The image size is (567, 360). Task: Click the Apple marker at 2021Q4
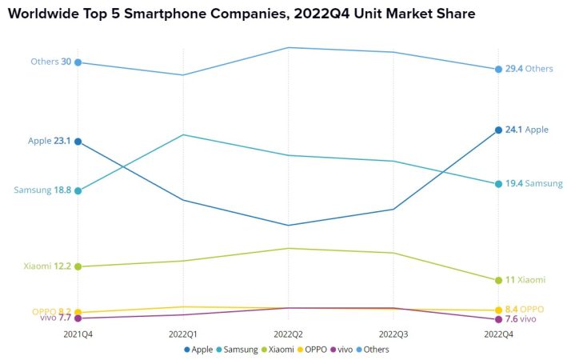tap(78, 142)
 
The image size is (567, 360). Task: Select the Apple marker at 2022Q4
tap(498, 130)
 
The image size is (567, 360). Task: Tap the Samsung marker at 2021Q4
tap(78, 190)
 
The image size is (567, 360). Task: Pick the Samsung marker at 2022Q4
tap(498, 184)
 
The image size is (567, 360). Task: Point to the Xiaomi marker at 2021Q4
tap(78, 266)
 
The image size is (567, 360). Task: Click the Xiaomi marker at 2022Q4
tap(498, 280)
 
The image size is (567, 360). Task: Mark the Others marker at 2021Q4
tap(78, 62)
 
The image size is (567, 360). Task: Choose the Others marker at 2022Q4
tap(498, 69)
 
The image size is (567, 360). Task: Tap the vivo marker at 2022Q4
tap(498, 319)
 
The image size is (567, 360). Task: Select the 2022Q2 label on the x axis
tap(288, 334)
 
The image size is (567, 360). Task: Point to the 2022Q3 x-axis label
tap(393, 334)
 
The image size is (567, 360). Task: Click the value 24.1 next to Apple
tap(513, 130)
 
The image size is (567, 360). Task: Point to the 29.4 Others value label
tap(513, 69)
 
